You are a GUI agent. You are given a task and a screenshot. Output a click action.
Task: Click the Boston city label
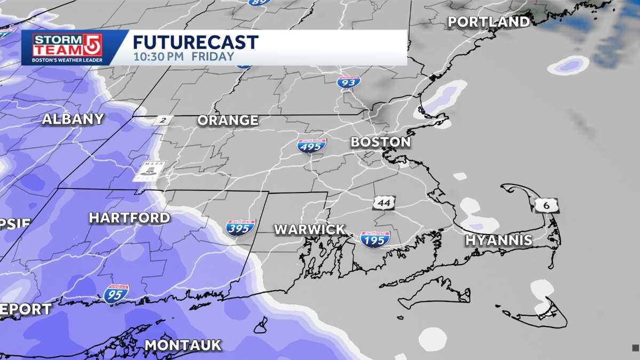click(380, 142)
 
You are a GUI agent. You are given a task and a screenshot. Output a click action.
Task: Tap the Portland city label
click(489, 22)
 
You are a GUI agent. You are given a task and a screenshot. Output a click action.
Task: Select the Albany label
click(73, 119)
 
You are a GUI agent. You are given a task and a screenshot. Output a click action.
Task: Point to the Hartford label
click(129, 218)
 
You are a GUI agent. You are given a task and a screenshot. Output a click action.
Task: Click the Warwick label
click(309, 229)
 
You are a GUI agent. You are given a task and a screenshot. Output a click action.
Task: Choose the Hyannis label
click(499, 240)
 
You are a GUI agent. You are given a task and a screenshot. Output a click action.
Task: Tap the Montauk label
click(183, 345)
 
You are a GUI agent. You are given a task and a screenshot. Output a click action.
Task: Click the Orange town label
click(228, 121)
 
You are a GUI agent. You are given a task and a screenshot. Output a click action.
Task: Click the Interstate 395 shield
click(241, 228)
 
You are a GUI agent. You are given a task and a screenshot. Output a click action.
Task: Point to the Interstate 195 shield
click(375, 239)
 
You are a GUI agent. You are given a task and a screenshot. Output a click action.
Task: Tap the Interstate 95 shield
click(116, 294)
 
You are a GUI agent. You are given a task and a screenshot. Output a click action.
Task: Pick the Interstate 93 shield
click(348, 82)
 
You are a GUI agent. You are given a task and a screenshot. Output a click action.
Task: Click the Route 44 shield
click(383, 203)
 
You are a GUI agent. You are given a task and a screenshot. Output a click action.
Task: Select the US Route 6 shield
click(548, 205)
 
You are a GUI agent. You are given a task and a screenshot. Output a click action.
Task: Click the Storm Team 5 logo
click(67, 47)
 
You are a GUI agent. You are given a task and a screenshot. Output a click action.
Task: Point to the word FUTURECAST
click(195, 42)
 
